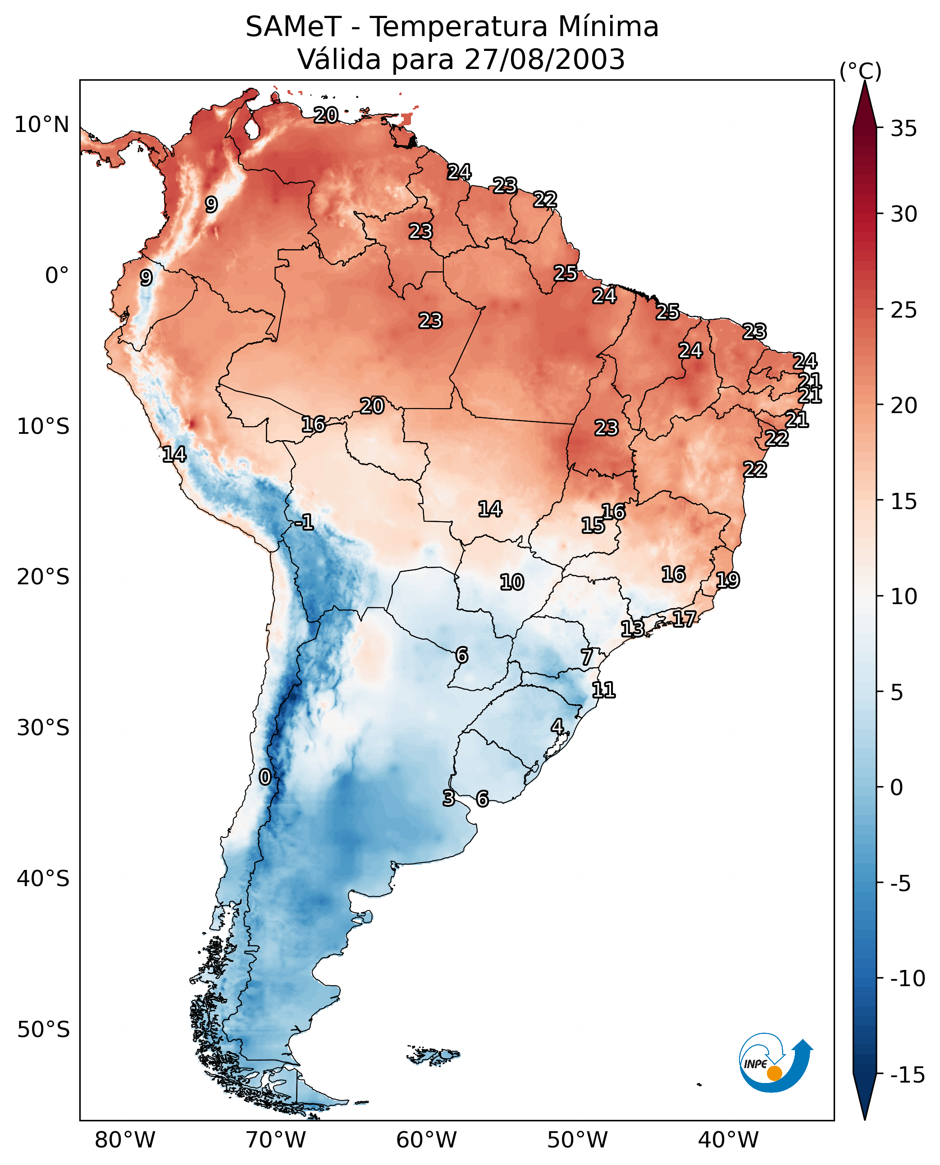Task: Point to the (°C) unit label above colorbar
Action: (x=860, y=71)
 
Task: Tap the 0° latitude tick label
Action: (x=57, y=276)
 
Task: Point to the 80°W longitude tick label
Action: (x=125, y=1140)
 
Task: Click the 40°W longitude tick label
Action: (x=728, y=1140)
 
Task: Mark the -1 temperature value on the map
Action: (x=304, y=523)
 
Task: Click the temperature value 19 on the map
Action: (x=728, y=580)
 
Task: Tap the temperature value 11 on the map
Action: (x=603, y=690)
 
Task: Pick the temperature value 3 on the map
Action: (x=448, y=798)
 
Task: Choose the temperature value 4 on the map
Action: (x=557, y=727)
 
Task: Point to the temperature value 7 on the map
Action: (x=586, y=657)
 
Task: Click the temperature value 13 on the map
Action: (x=632, y=628)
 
